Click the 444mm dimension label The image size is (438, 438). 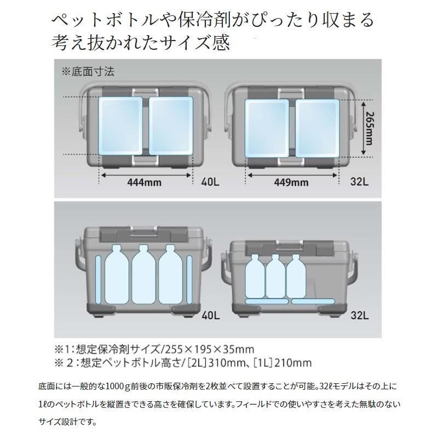pos(144,183)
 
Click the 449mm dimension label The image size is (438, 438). pos(291,183)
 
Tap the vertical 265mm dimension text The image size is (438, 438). pos(368,128)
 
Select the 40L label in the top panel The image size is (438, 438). pos(210,182)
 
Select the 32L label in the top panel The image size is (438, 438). pos(360,182)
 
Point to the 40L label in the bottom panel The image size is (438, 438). pos(211,316)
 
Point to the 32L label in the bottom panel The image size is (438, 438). pos(360,316)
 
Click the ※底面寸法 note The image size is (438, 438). pos(88,72)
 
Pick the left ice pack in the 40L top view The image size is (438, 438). pos(121,126)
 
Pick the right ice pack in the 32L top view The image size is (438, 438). pos(318,128)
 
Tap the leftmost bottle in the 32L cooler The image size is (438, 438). pos(255,276)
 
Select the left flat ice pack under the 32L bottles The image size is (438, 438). pos(267,301)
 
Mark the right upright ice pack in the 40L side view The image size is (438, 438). pos(189,279)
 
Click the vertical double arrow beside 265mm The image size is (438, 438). pos(363,128)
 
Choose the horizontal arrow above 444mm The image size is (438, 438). pos(146,175)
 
